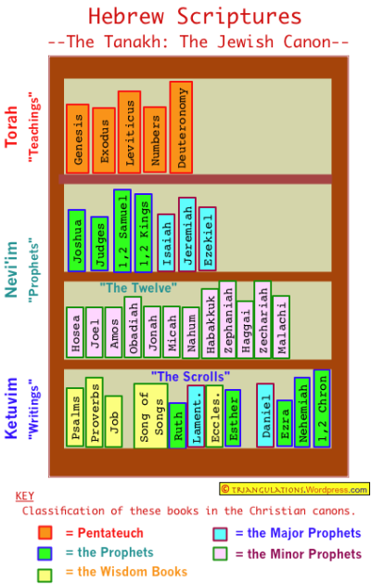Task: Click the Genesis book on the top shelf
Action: (x=77, y=138)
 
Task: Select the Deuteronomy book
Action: (x=181, y=127)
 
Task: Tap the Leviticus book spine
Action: (x=129, y=132)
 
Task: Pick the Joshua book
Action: (x=77, y=240)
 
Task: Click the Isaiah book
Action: (x=166, y=242)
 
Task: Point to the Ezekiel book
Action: (x=207, y=239)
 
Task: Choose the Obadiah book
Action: (x=133, y=327)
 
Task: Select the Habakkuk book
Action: (x=211, y=323)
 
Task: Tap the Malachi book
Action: (x=281, y=327)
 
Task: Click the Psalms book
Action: (x=75, y=417)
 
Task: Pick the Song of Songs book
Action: (x=150, y=416)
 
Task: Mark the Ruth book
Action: (x=177, y=425)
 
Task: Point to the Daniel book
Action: (x=265, y=415)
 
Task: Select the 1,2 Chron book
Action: (x=322, y=409)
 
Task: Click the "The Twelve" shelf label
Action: (x=138, y=288)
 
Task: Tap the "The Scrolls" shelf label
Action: (x=190, y=376)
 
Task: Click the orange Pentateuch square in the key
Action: (x=45, y=532)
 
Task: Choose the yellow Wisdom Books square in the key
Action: (x=45, y=575)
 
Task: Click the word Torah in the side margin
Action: (x=11, y=126)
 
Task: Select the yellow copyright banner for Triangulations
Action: (x=294, y=488)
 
